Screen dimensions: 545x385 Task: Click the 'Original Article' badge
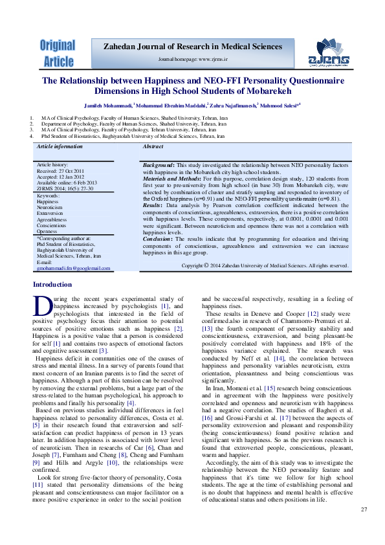point(58,53)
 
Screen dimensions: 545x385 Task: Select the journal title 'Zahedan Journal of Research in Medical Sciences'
point(194,46)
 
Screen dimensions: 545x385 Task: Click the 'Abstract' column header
point(153,147)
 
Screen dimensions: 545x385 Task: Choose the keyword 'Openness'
point(47,231)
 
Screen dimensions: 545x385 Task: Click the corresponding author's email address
point(73,267)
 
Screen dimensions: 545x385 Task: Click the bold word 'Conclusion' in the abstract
point(159,257)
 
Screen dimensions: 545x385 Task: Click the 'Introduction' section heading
point(52,302)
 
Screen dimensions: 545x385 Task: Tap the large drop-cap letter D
point(41,322)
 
